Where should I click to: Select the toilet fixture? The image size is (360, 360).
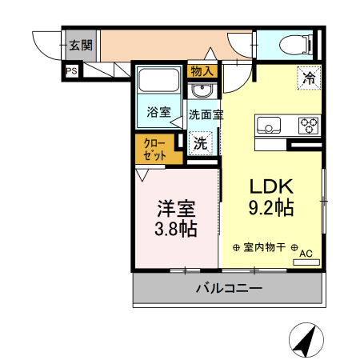pyautogui.click(x=295, y=45)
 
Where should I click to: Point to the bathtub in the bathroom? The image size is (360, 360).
pyautogui.click(x=158, y=82)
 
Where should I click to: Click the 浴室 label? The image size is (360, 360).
pyautogui.click(x=158, y=112)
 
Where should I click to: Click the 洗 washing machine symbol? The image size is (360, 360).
pyautogui.click(x=202, y=144)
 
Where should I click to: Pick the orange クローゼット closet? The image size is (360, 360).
pyautogui.click(x=154, y=150)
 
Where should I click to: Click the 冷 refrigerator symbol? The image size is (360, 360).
pyautogui.click(x=308, y=78)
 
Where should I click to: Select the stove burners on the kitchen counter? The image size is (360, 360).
pyautogui.click(x=307, y=125)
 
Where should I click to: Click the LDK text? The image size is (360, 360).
pyautogui.click(x=272, y=186)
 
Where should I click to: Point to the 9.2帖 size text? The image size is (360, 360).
pyautogui.click(x=272, y=209)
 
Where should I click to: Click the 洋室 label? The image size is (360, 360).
pyautogui.click(x=176, y=209)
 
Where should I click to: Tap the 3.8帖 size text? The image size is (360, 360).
pyautogui.click(x=176, y=229)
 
